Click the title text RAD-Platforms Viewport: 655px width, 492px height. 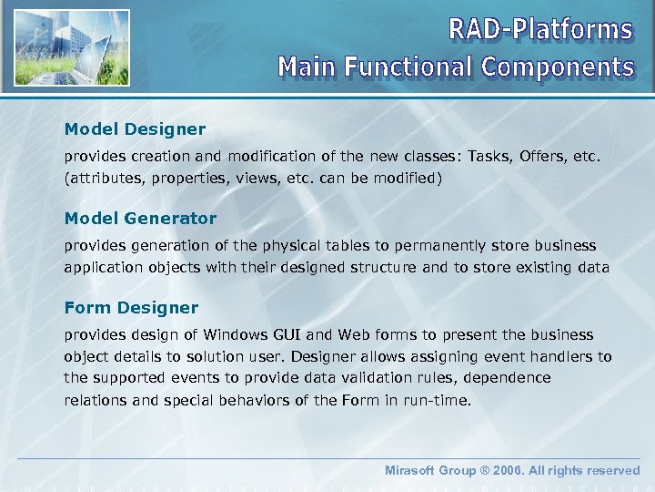pyautogui.click(x=540, y=30)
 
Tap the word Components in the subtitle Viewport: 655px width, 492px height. pyautogui.click(x=558, y=67)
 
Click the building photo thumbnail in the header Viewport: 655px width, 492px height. pyautogui.click(x=72, y=48)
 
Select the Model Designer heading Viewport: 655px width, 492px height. pyautogui.click(x=135, y=129)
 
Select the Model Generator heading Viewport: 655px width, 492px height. pyautogui.click(x=140, y=219)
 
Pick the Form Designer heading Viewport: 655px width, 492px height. pyautogui.click(x=131, y=308)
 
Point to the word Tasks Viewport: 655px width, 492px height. pyautogui.click(x=492, y=157)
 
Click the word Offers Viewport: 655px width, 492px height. pyautogui.click(x=543, y=157)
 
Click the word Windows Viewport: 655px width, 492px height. pyautogui.click(x=235, y=335)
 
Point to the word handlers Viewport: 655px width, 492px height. pyautogui.click(x=566, y=356)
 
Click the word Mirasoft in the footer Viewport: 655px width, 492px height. pyautogui.click(x=413, y=471)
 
